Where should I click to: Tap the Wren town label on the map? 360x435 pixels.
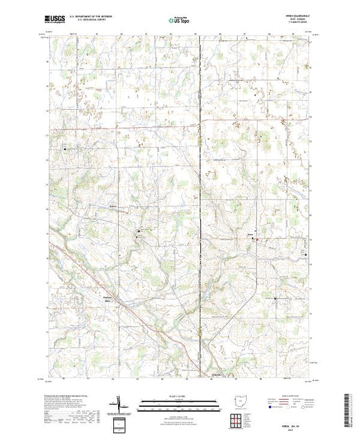[x=251, y=235]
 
